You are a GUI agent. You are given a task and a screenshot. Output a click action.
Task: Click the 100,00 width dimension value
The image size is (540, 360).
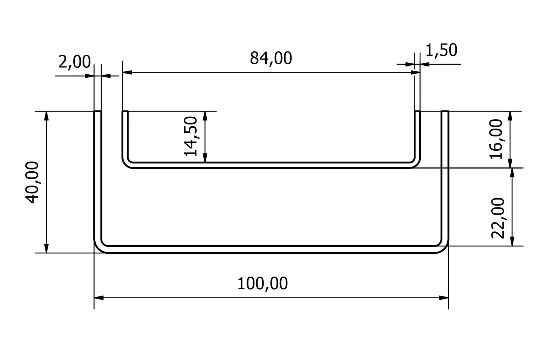coord(263,284)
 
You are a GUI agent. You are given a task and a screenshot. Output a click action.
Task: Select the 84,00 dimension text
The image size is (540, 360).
coord(271,58)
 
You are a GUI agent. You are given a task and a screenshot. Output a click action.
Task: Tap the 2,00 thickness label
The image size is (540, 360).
coord(74,62)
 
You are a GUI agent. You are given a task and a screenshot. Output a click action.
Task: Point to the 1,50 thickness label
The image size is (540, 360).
coord(441,50)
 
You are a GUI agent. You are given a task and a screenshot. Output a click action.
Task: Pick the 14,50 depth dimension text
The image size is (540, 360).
coord(191,136)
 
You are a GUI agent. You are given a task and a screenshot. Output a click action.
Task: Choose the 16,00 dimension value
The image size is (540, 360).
coord(498,139)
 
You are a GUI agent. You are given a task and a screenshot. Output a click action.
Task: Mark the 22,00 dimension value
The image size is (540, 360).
coord(498,218)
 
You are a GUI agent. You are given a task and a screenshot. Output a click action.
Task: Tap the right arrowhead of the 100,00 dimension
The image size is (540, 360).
coord(444,298)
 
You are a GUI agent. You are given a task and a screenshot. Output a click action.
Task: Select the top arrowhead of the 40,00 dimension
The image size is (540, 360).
coord(46,116)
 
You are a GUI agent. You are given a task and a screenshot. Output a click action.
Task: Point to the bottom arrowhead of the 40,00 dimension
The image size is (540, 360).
coord(46,248)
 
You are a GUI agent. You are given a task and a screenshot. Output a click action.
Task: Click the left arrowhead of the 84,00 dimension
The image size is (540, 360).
coord(127,73)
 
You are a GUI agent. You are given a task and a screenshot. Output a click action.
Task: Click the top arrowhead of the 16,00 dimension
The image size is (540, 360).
coord(510,116)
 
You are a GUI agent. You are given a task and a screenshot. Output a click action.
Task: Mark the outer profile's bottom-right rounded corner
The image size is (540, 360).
coord(443,247)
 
